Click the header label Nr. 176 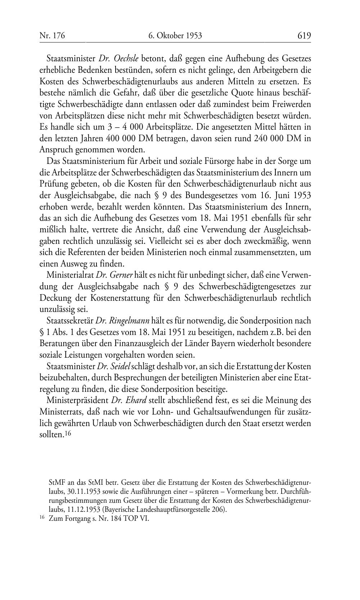pos(52,35)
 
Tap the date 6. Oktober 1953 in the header pos(175,35)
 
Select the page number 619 pos(304,35)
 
